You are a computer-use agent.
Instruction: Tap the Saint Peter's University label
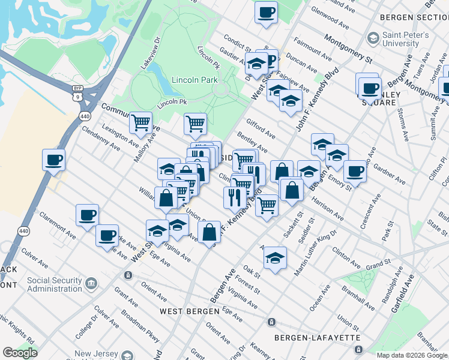click(x=406, y=40)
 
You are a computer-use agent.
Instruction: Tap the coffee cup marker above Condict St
click(x=266, y=12)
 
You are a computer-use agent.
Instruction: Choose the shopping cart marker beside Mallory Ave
click(x=140, y=123)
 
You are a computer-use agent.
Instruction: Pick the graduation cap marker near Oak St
click(x=275, y=258)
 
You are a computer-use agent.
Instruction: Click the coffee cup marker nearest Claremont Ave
click(x=87, y=215)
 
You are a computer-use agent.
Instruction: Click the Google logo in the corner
click(x=20, y=353)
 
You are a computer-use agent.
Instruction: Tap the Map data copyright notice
click(x=412, y=355)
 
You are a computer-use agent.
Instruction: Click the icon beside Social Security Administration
click(x=91, y=282)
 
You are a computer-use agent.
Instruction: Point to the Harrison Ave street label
click(x=328, y=207)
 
